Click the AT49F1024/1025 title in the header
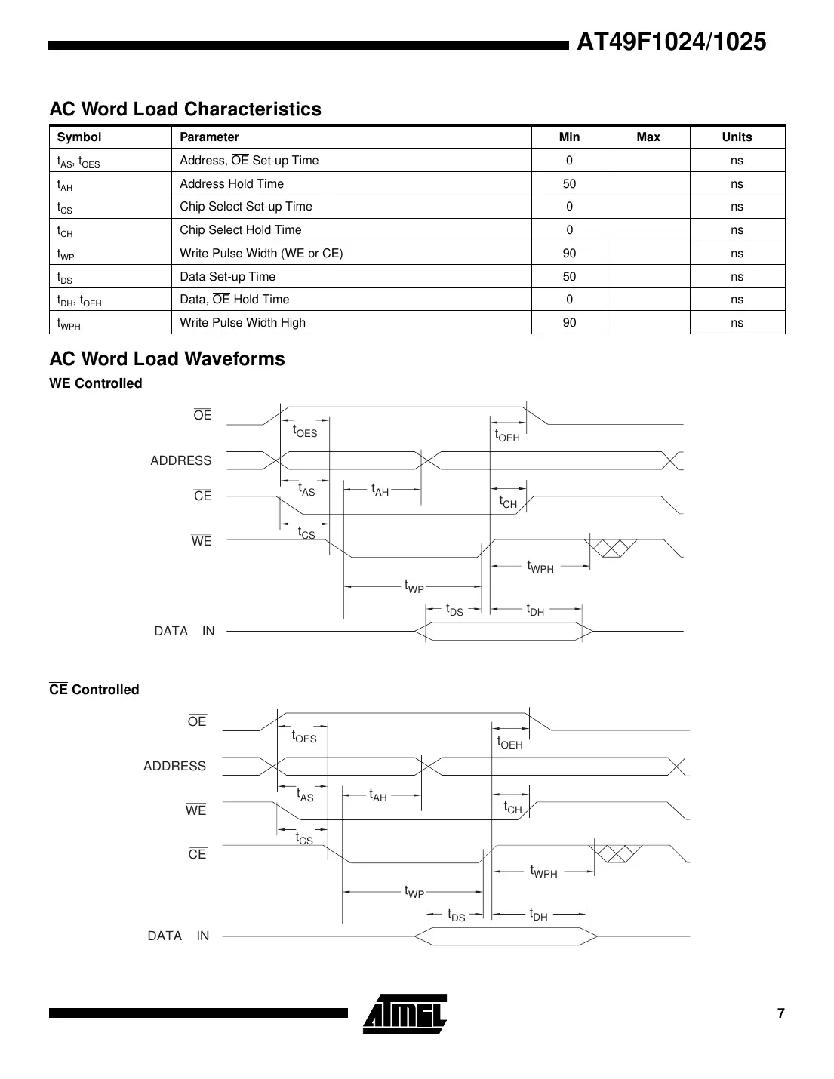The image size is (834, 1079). point(671,42)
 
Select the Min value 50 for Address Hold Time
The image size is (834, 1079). point(569,183)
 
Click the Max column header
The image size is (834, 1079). point(648,137)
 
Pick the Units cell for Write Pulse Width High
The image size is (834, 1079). point(737,323)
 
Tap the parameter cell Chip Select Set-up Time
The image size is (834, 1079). point(245,207)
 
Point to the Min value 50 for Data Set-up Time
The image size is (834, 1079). point(569,276)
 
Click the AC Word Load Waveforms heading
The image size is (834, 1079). point(167,359)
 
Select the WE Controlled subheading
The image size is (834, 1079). point(95,383)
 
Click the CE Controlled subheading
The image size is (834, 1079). point(94,690)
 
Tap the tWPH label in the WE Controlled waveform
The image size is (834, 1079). point(540,567)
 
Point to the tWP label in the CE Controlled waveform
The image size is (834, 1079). point(414,893)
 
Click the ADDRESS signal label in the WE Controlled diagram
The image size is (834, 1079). point(181,460)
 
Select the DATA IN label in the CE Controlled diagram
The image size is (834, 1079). point(178,936)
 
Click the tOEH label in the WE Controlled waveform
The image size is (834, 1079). point(507,435)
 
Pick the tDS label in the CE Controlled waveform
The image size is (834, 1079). point(456,915)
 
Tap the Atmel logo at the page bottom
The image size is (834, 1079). point(405,1013)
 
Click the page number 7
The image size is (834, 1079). point(780,1013)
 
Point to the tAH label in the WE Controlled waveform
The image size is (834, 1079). point(380,490)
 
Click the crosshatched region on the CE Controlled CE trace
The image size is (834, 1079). point(618,853)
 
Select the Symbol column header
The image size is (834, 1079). point(79,137)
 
